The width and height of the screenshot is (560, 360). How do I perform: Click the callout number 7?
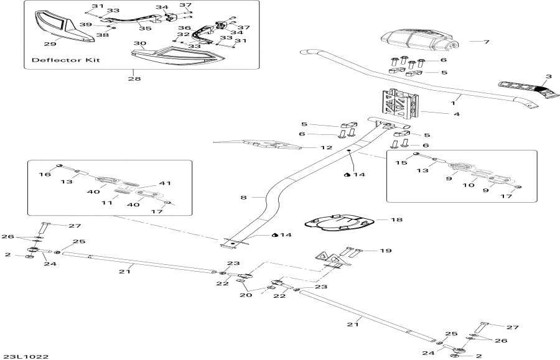(487, 42)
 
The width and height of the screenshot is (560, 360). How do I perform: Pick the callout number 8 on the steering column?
(244, 197)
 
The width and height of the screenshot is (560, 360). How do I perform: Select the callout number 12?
(326, 148)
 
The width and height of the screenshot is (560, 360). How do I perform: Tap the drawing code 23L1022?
(25, 356)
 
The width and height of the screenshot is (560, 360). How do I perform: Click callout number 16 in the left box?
(45, 175)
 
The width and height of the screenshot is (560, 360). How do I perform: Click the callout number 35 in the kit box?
(144, 28)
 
